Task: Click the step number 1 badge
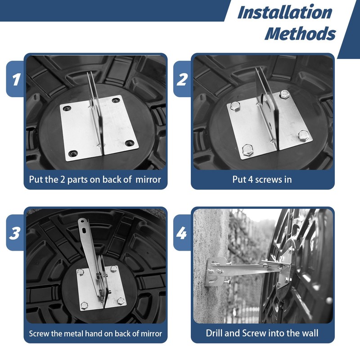point(15,79)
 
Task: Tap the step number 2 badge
point(182,79)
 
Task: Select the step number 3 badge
point(15,233)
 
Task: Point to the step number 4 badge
point(182,233)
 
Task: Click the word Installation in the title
point(285,13)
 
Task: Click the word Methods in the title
point(300,33)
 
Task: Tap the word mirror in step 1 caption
point(148,180)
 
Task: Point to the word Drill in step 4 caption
point(214,333)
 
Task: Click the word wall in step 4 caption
point(310,333)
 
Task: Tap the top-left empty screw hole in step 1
point(67,108)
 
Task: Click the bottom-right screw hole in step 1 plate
point(130,143)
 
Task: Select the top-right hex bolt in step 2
point(285,94)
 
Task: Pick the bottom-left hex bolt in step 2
point(248,150)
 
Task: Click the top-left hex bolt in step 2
point(235,106)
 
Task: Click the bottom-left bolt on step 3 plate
point(84,305)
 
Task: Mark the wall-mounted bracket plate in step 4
point(216,272)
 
